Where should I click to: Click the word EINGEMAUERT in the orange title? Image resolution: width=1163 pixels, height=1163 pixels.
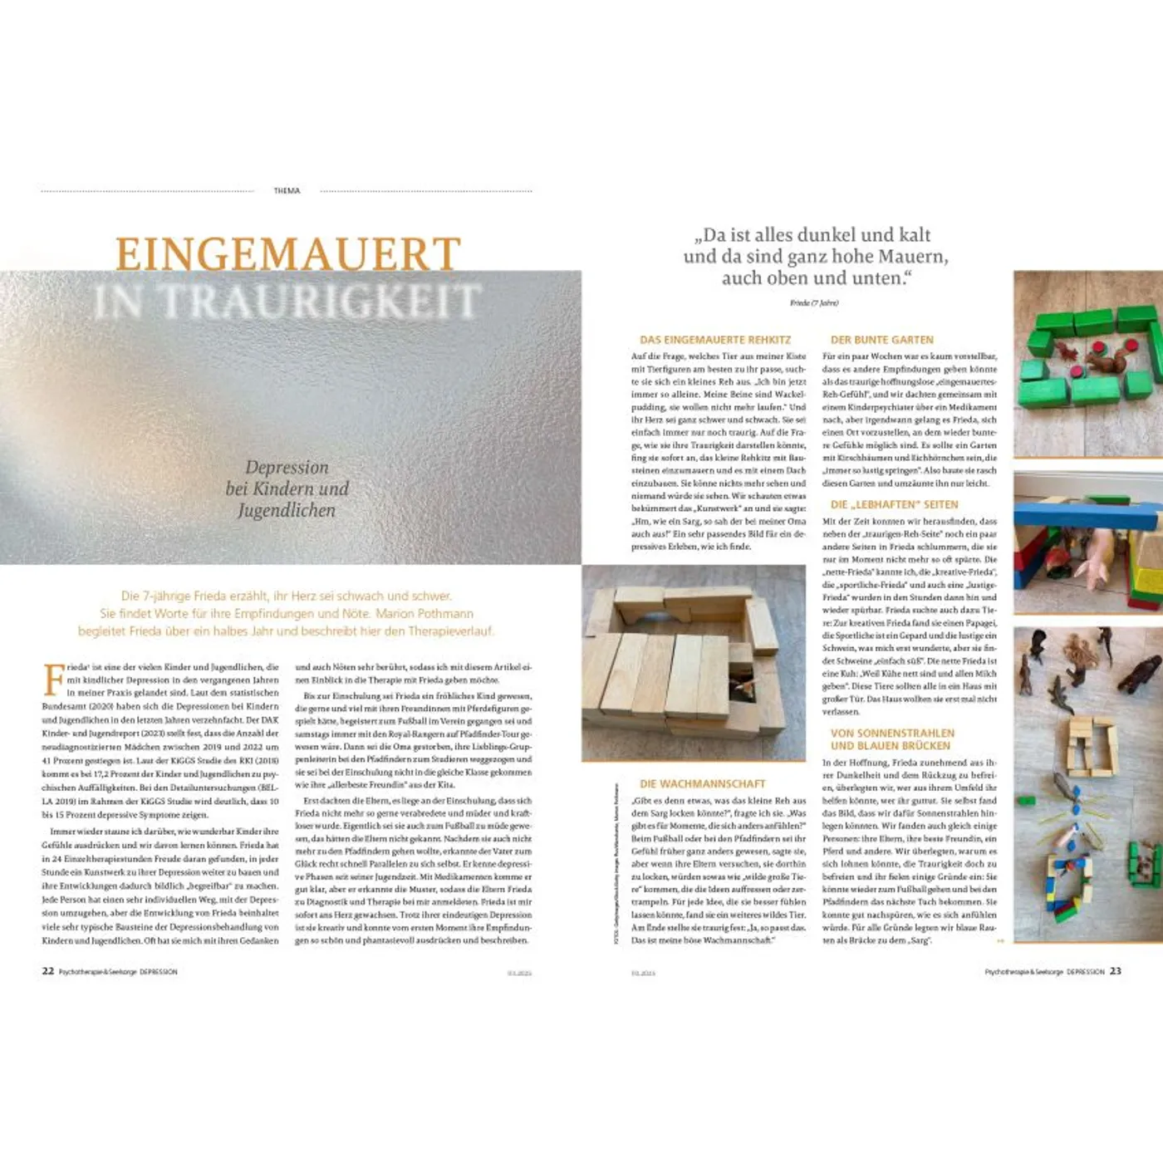287,254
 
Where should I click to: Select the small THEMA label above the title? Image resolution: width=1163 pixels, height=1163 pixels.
287,191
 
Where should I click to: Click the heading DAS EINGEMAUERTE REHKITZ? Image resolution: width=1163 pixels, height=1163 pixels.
714,340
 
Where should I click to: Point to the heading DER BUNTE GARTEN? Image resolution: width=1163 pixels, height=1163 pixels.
881,340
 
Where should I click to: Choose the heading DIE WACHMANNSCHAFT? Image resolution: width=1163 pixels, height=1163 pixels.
702,783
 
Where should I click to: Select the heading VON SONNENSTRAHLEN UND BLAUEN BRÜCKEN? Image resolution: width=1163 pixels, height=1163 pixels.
892,739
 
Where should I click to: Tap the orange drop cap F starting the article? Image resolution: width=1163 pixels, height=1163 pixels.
53,678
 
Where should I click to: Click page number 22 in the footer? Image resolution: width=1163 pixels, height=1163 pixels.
48,971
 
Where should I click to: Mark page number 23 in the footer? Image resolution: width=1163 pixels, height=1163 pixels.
1115,971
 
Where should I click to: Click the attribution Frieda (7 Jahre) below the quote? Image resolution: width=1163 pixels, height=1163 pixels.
813,303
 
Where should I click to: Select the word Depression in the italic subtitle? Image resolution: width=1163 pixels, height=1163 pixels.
287,468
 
